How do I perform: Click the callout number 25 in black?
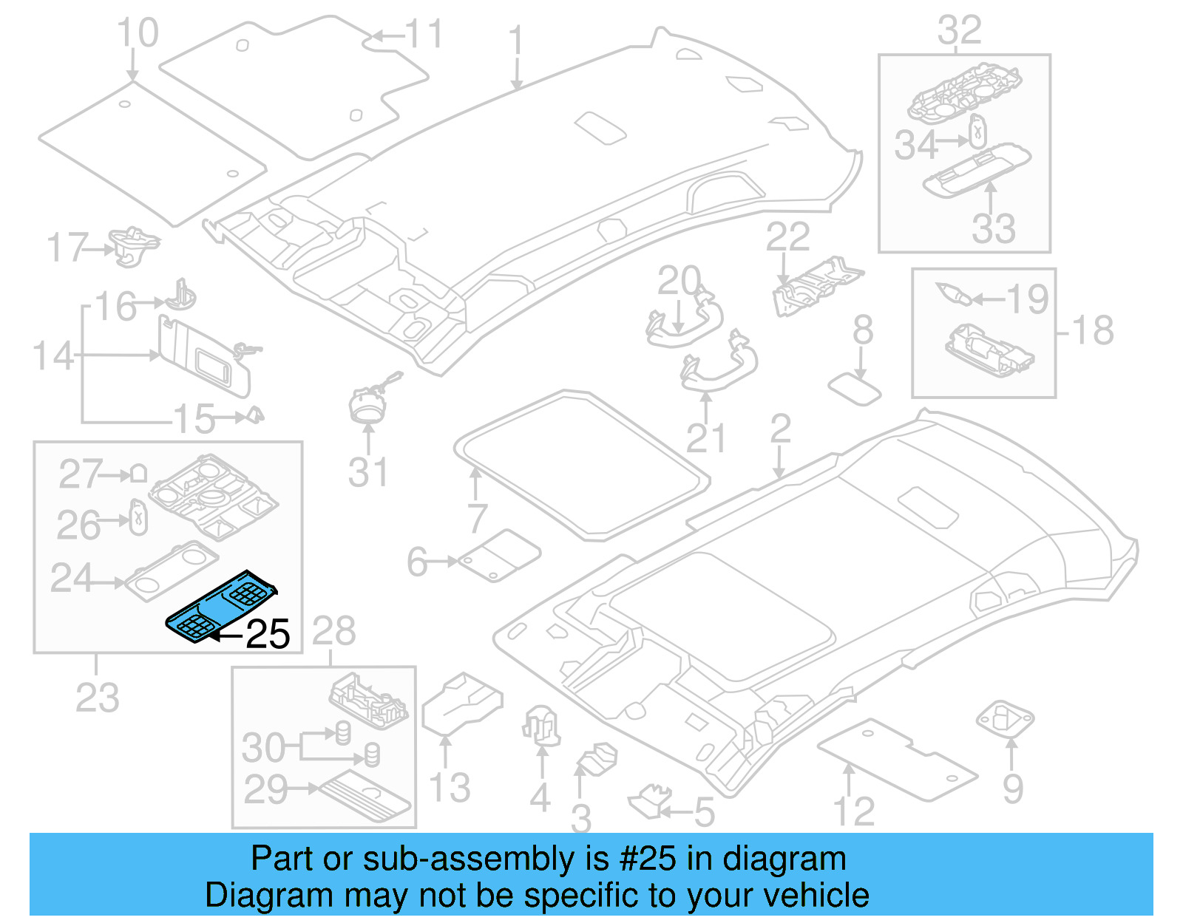pos(268,634)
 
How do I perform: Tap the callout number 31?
pos(367,472)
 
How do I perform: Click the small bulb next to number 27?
pos(138,474)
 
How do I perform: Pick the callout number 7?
pos(477,518)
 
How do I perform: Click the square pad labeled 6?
pos(500,556)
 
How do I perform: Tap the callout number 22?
pos(787,237)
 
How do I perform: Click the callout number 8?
pos(863,330)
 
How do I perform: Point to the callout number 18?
pos(1093,330)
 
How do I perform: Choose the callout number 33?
pos(993,228)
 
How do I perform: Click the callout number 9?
pos(1013,789)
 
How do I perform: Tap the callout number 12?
pos(854,811)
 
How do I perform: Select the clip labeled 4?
pos(542,724)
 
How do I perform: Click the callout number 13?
pos(450,787)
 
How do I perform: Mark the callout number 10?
pos(138,33)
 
